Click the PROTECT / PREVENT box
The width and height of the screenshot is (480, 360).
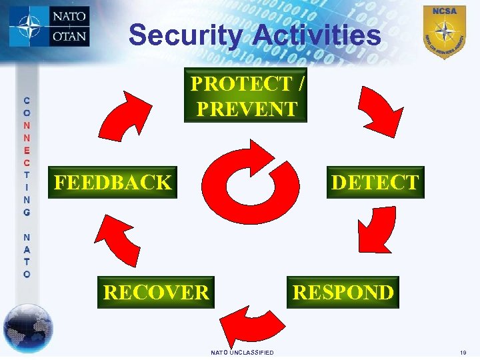click(245, 95)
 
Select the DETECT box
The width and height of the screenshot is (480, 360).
click(375, 182)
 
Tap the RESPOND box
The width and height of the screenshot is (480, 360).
click(343, 292)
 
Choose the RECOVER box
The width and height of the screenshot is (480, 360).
click(156, 292)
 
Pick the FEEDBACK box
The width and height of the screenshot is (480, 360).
click(113, 182)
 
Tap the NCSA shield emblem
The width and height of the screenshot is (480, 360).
click(444, 31)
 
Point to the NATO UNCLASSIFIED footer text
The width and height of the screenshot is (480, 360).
click(242, 352)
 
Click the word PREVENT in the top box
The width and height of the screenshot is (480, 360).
click(247, 108)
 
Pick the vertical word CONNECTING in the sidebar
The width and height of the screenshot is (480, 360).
click(27, 156)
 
